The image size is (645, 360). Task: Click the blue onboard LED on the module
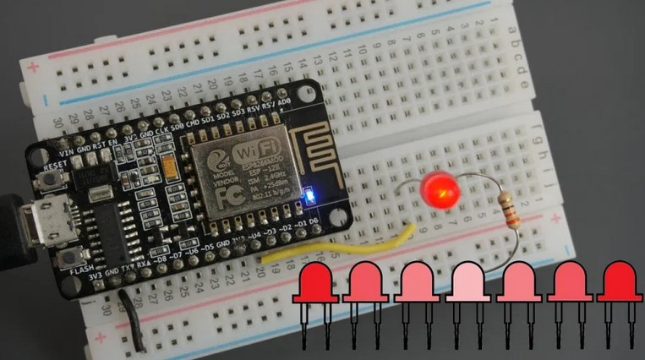click(x=310, y=197)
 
